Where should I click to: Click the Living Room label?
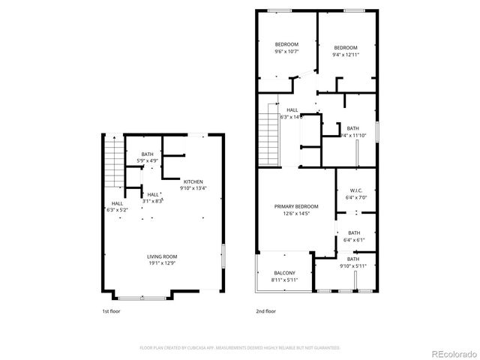(162, 259)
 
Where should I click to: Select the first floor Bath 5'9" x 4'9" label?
(147, 157)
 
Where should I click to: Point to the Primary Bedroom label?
(296, 210)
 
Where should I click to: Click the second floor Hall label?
(292, 113)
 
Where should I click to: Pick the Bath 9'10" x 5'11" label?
(352, 262)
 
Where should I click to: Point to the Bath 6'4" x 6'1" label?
(354, 236)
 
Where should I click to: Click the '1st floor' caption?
(110, 310)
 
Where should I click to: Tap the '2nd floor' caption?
(265, 310)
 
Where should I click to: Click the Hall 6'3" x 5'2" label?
(118, 206)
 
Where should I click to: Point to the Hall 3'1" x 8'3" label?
(153, 197)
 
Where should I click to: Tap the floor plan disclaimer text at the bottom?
(240, 348)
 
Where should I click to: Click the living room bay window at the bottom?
(142, 298)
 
